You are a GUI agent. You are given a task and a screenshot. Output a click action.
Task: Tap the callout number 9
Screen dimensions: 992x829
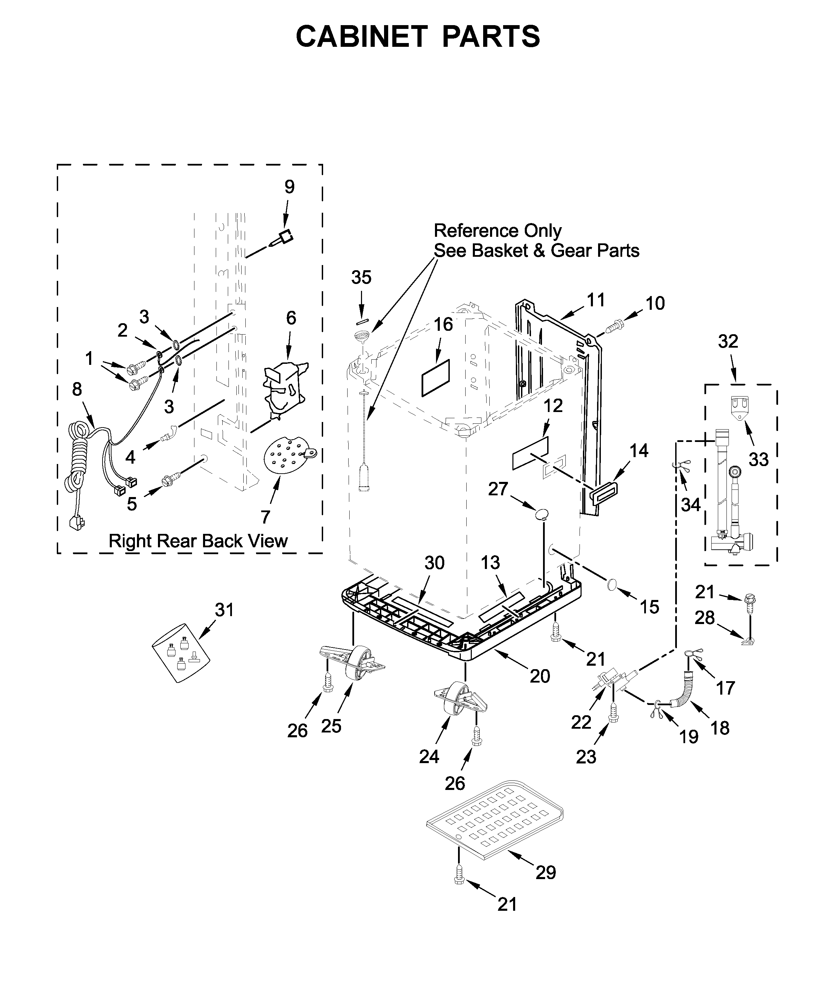tap(289, 187)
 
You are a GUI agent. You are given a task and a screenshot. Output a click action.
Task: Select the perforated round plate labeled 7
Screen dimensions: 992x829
tap(285, 455)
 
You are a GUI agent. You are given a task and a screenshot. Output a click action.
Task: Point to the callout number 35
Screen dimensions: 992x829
tap(361, 277)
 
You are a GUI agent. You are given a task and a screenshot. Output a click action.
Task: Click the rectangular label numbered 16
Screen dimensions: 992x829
tap(436, 378)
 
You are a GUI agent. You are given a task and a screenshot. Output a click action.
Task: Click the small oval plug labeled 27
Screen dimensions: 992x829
tap(542, 514)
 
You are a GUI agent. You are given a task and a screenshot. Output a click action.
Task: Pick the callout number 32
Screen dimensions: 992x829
tap(727, 341)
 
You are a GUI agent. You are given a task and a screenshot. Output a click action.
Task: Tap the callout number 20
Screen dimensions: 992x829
tap(540, 676)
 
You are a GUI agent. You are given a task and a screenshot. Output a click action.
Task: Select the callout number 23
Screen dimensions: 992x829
tap(586, 757)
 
